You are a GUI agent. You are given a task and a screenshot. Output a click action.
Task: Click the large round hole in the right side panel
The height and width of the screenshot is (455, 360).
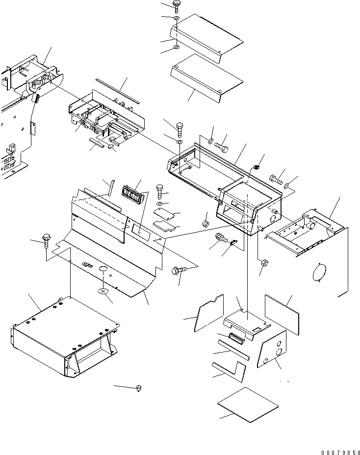click(x=319, y=272)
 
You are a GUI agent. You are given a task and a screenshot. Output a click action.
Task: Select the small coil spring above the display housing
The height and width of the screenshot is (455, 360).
click(x=255, y=168)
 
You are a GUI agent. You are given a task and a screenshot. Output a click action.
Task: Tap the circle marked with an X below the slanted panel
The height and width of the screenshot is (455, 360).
click(x=104, y=292)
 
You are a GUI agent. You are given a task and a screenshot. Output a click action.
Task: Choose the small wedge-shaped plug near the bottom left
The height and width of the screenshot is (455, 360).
click(x=139, y=388)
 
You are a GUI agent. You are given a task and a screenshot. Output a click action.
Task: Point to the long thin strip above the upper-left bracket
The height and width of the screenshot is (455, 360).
click(x=117, y=91)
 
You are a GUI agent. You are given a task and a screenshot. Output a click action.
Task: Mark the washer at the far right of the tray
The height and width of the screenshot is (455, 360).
click(x=287, y=186)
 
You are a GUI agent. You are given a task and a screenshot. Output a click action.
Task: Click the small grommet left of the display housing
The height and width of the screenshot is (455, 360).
click(x=206, y=224)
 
